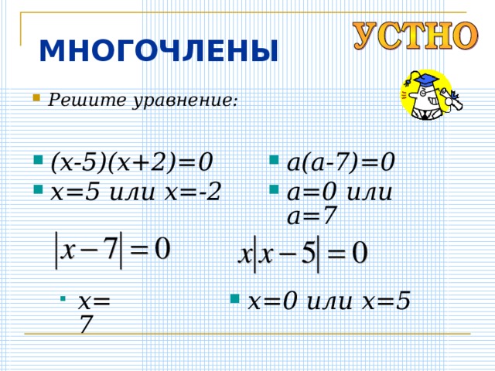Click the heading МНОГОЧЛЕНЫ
tap(159, 51)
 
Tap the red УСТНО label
tap(416, 36)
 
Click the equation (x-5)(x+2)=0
tap(131, 163)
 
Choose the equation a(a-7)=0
tap(341, 163)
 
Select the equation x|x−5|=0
tap(302, 254)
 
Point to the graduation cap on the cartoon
tap(424, 78)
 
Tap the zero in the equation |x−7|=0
tap(162, 250)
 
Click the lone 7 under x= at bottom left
tap(86, 326)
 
